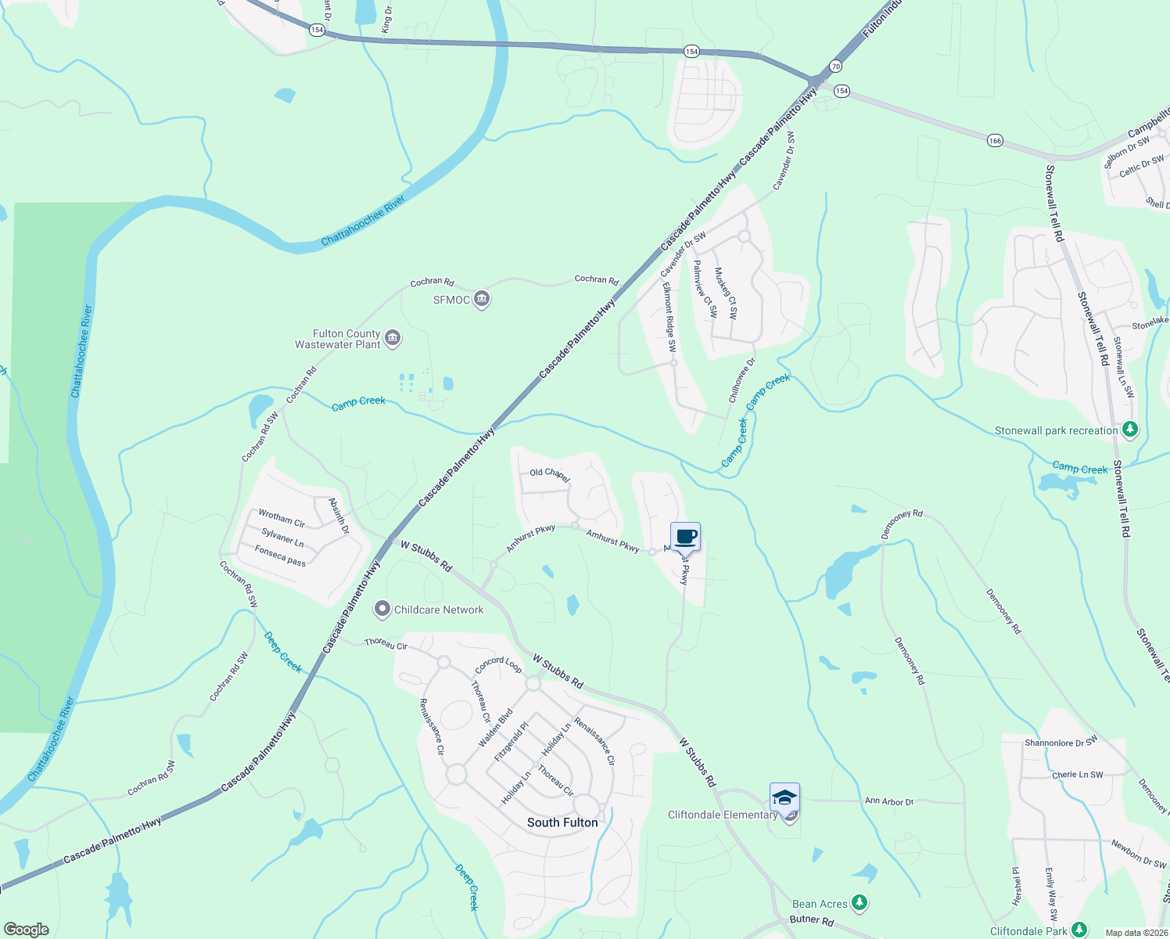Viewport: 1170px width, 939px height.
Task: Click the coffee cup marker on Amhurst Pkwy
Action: coord(685,538)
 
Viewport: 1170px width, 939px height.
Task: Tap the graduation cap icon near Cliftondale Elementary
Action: coord(784,797)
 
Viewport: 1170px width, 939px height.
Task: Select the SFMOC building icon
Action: coord(482,300)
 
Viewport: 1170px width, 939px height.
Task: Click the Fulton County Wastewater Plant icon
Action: coord(393,338)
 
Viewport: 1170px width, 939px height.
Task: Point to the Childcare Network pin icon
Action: coord(382,610)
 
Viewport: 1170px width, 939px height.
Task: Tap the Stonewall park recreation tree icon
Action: coord(1129,430)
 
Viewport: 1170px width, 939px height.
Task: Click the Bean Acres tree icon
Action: coord(860,904)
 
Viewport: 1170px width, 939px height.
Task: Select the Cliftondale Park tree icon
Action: coord(1079,930)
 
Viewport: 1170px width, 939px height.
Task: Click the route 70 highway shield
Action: coord(835,67)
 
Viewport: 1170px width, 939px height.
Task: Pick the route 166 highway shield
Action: coord(994,141)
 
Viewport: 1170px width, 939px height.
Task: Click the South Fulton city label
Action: coord(562,822)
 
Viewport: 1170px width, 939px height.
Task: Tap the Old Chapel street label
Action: coord(550,474)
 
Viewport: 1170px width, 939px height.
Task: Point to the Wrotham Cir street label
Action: coord(282,518)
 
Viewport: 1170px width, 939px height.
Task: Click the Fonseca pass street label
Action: coord(280,556)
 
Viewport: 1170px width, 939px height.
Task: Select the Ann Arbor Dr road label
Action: coord(889,801)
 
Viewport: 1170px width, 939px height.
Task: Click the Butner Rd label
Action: coord(812,920)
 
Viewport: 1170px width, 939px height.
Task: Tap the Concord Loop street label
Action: coord(498,665)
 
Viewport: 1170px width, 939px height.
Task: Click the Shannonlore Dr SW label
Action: coord(1061,741)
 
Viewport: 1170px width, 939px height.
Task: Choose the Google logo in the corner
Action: coord(27,929)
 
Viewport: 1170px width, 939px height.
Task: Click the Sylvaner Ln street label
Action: coord(282,537)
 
